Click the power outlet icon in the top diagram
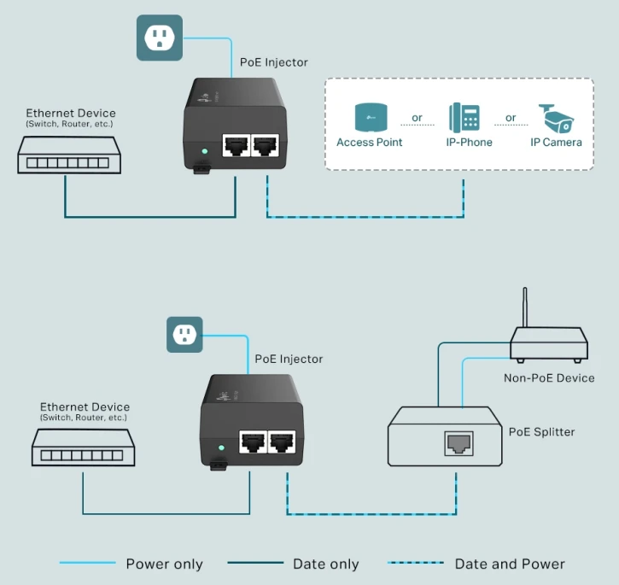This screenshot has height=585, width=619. pos(159,38)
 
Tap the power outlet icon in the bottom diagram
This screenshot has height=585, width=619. pos(185,333)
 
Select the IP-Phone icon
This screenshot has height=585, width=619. pos(465,117)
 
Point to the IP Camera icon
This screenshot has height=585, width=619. pos(557,118)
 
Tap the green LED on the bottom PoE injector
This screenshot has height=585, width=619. pos(221,447)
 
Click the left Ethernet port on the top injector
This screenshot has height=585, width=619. pos(235,146)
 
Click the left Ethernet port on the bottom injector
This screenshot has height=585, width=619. pos(252,442)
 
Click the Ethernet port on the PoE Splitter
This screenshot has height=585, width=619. pos(455,442)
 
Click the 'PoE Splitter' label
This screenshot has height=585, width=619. pos(541,432)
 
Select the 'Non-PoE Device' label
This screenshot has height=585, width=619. pos(549,377)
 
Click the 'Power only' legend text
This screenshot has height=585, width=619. pos(165,564)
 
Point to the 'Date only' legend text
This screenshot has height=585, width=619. pos(325,564)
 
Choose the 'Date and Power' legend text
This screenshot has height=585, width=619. pos(510,564)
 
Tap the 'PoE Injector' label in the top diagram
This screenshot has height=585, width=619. pos(275,62)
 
